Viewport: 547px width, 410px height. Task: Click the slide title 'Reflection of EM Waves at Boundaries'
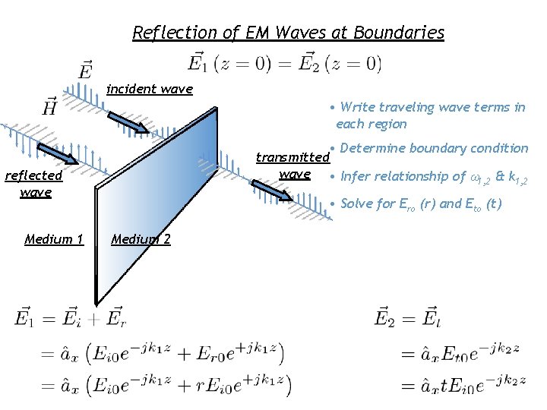click(x=288, y=33)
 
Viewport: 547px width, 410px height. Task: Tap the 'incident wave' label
click(x=149, y=90)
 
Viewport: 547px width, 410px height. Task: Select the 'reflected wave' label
click(x=34, y=184)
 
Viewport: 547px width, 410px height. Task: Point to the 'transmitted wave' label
click(x=293, y=166)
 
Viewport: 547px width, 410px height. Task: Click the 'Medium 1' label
click(x=53, y=240)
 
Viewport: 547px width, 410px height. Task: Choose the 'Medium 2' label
click(x=141, y=240)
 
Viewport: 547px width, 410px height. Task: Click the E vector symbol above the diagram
click(x=86, y=71)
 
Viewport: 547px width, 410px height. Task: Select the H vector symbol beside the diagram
click(x=50, y=106)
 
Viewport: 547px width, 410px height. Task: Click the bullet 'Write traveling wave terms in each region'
click(x=429, y=115)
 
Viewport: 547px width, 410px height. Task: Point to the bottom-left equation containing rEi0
click(x=152, y=385)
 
